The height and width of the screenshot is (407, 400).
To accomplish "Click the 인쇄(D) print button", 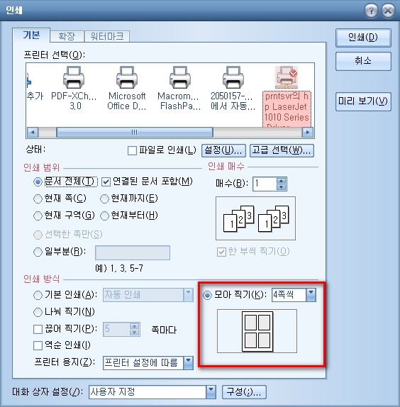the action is [363, 38].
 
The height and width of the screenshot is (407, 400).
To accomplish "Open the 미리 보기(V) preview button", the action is [363, 101].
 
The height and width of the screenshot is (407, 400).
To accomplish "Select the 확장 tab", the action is [67, 36].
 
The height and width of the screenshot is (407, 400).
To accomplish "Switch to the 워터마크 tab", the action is [107, 36].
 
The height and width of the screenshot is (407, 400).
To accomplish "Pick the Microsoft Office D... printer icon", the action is [127, 77].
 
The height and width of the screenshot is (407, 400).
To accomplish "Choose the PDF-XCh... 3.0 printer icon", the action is [74, 77].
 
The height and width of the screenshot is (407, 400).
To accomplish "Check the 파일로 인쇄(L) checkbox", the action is [132, 150].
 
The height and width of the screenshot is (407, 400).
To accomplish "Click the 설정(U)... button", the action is [223, 150].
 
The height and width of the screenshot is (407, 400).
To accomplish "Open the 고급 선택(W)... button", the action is [282, 150].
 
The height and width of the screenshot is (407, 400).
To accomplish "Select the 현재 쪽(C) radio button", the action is [38, 199].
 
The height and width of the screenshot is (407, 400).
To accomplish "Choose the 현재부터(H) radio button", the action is [104, 216].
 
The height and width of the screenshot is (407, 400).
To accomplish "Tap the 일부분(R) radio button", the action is [38, 252].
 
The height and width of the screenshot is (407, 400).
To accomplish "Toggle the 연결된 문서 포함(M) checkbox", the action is [106, 182].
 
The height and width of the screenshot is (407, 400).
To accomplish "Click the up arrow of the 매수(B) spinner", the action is [281, 181].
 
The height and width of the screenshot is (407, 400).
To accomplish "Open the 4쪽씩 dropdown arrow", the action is [311, 295].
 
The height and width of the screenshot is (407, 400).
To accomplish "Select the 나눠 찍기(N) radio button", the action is [38, 312].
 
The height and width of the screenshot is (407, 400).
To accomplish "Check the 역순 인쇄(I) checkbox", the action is [38, 345].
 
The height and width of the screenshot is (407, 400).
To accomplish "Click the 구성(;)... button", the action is [244, 392].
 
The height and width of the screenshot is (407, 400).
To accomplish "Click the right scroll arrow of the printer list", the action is [308, 133].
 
